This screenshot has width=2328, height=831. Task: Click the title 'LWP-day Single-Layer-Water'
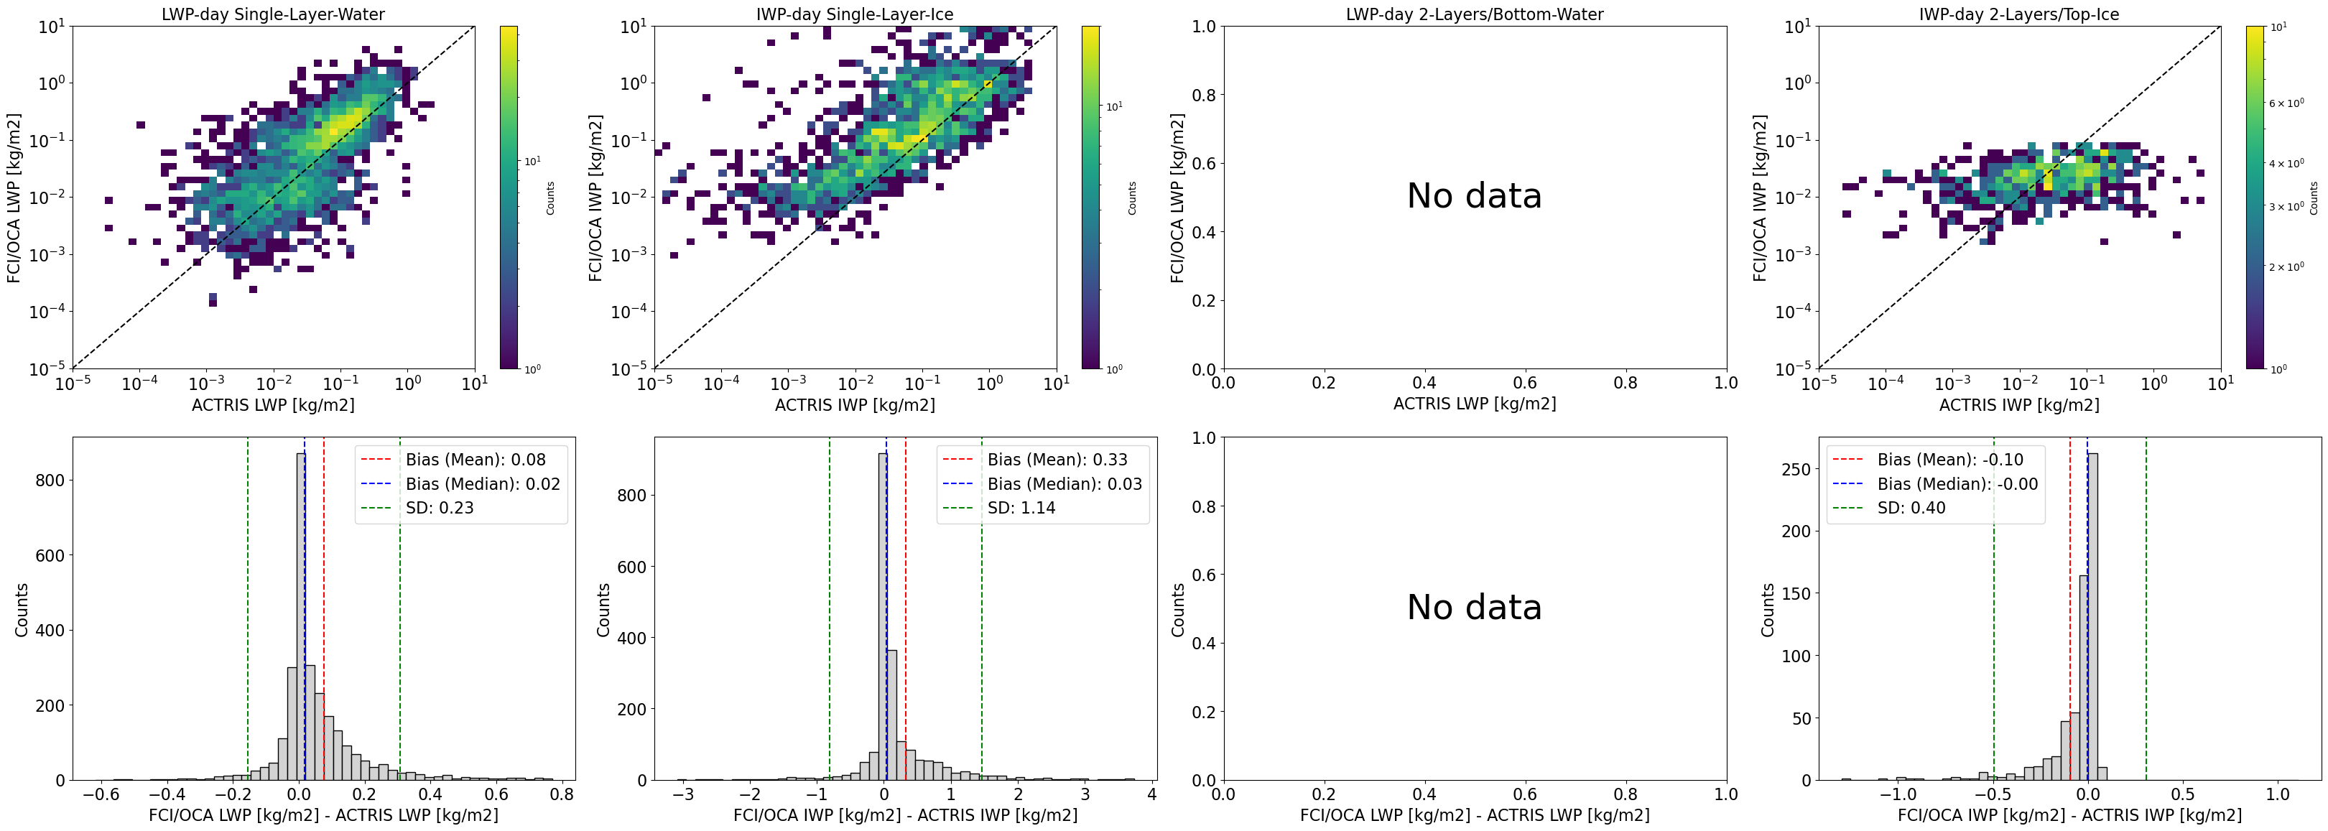[273, 14]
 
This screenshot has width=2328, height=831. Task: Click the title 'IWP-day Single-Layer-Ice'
[855, 14]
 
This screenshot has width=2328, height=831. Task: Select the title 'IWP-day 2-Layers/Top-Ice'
[2019, 14]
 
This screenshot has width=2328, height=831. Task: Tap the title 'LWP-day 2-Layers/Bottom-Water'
[1475, 14]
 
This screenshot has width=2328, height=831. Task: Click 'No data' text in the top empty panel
[1475, 196]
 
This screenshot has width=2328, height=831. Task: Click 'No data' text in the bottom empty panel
[1475, 607]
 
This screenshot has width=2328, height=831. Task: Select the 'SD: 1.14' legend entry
[1021, 508]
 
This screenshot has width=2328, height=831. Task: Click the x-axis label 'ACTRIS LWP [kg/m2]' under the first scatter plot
[273, 404]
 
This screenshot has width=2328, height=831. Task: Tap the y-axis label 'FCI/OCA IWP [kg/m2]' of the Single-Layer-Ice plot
[595, 197]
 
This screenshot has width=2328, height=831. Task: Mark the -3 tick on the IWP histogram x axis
[683, 795]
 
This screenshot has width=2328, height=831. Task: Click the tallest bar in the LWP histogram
[300, 617]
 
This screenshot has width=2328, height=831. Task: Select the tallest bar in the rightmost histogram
[2093, 617]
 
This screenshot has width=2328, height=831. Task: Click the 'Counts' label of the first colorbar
[549, 198]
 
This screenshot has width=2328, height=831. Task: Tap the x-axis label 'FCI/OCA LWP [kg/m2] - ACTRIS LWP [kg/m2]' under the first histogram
[323, 814]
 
